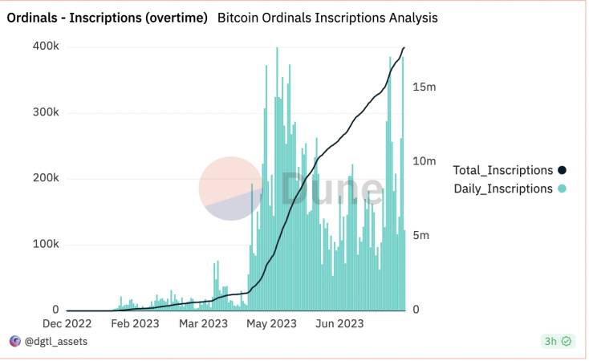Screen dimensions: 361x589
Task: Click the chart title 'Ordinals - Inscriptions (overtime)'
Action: pyautogui.click(x=107, y=18)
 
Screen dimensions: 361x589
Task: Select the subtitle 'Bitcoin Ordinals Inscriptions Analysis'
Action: pyautogui.click(x=327, y=18)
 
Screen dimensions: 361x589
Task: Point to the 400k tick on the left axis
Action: pyautogui.click(x=45, y=47)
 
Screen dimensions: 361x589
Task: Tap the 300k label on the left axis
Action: pyautogui.click(x=45, y=112)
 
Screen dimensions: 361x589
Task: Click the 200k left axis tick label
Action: pyautogui.click(x=45, y=178)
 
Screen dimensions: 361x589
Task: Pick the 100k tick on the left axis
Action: pyautogui.click(x=45, y=244)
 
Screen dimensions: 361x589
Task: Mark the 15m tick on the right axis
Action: pyautogui.click(x=424, y=86)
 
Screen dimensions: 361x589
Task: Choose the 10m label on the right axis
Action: pyautogui.click(x=424, y=161)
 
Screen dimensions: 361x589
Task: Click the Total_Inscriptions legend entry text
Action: pyautogui.click(x=503, y=170)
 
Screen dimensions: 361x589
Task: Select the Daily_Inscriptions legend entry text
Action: pyautogui.click(x=503, y=189)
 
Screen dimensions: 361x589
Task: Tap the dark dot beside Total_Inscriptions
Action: pyautogui.click(x=562, y=170)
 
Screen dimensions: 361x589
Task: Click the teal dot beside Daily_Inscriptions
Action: pyautogui.click(x=562, y=189)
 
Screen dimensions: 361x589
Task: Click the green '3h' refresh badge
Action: pyautogui.click(x=558, y=342)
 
